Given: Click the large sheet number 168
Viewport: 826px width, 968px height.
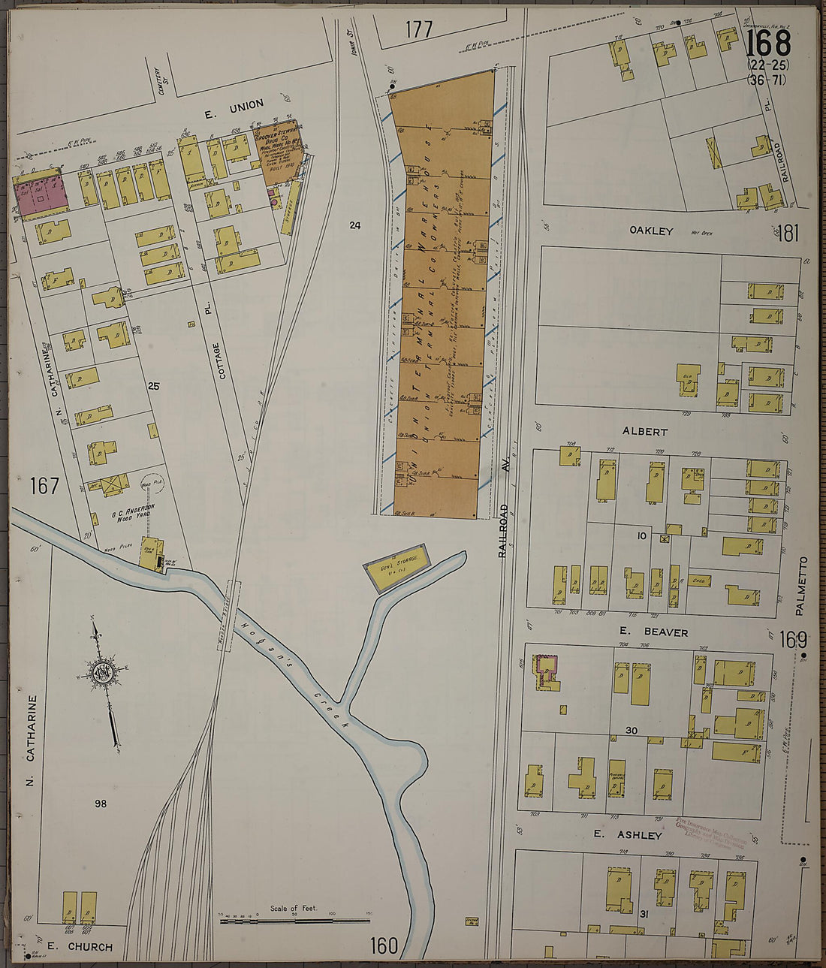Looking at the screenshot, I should pos(768,44).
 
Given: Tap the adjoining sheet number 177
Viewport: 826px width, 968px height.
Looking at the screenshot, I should pos(418,29).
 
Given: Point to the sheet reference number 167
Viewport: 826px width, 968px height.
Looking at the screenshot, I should pos(44,486).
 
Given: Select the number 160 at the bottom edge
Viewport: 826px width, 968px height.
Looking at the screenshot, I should pos(384,945).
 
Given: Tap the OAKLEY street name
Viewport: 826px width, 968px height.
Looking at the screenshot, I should pos(651,231).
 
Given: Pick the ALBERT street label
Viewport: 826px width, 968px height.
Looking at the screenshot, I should pos(644,432).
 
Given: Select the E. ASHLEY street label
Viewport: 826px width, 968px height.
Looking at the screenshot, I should pos(628,835).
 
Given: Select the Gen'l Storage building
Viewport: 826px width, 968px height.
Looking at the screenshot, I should pos(397,568).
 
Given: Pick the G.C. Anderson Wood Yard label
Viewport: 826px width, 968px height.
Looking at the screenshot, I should pos(133,511).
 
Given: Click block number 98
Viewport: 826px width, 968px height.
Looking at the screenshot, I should pos(101,804).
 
